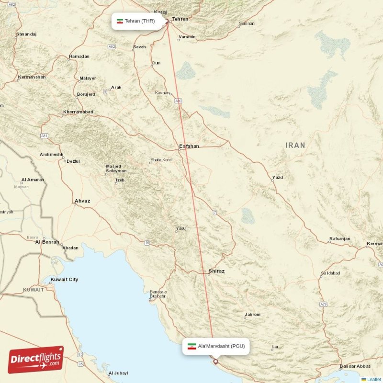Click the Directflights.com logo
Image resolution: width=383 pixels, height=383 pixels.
pos(36,360)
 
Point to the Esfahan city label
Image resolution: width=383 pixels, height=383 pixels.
pos(189,146)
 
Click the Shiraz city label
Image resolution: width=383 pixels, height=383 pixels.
pos(216,271)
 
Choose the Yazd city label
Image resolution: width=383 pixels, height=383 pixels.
pos(277,178)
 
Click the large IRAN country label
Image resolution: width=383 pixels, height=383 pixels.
pos(295,145)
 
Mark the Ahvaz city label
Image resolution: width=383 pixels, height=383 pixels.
pos(82,201)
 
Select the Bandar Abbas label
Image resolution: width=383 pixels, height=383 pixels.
pos(355,367)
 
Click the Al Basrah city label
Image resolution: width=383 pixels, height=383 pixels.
pos(47,242)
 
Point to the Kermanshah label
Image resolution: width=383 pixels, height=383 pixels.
pos(32,77)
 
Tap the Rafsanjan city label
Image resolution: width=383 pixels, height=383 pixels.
pos(340,238)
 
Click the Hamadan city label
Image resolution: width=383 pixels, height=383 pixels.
pos(79,56)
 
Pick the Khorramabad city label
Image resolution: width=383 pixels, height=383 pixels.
pos(78,112)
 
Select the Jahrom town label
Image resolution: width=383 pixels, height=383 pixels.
pos(252,315)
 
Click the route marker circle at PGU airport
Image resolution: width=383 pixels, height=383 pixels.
pos(215,361)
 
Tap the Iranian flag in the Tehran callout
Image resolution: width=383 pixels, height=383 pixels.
pos(120,21)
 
